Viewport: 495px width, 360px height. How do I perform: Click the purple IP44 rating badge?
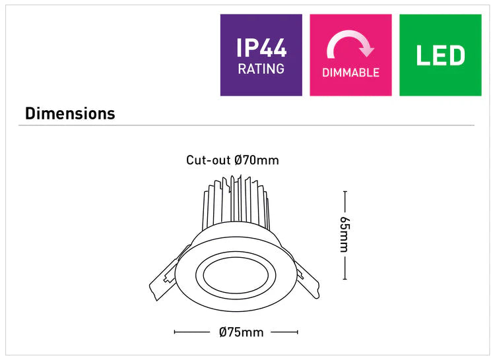(x=261, y=55)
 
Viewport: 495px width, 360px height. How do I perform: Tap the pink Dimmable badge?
(x=350, y=55)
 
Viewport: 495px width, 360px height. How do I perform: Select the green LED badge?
(x=440, y=55)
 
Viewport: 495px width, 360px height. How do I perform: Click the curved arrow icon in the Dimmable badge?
(x=350, y=46)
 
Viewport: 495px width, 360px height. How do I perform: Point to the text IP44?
(x=261, y=48)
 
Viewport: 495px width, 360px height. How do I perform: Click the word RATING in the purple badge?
(x=261, y=69)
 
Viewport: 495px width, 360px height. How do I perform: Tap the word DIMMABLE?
(x=350, y=73)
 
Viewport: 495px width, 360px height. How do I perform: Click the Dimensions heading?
(x=70, y=113)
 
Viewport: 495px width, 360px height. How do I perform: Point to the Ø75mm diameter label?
(x=242, y=332)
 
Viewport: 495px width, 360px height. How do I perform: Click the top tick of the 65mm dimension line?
(x=345, y=192)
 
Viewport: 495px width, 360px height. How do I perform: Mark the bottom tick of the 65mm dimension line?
(x=345, y=280)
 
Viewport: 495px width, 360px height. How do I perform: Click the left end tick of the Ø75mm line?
(x=174, y=332)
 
